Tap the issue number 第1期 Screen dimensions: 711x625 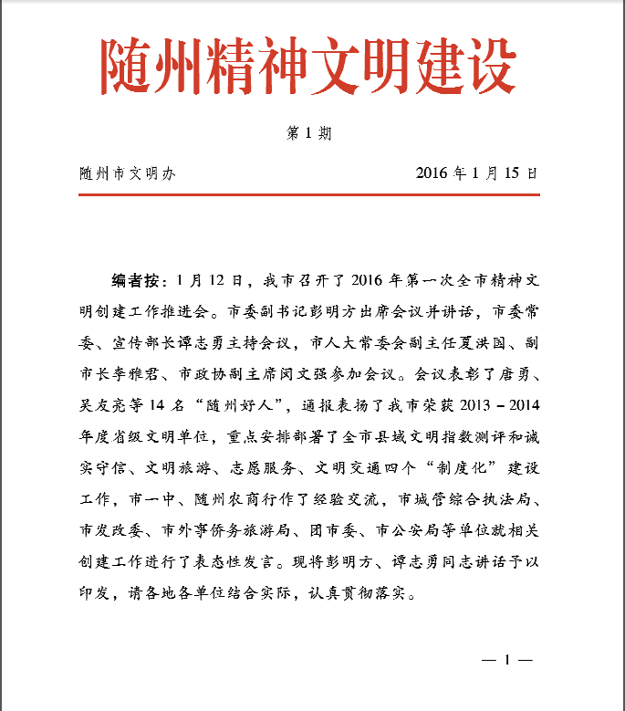[309, 133]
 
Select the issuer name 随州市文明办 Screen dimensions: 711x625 [127, 173]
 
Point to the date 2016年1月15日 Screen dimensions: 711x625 [476, 173]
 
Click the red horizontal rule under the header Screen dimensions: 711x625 [309, 194]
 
